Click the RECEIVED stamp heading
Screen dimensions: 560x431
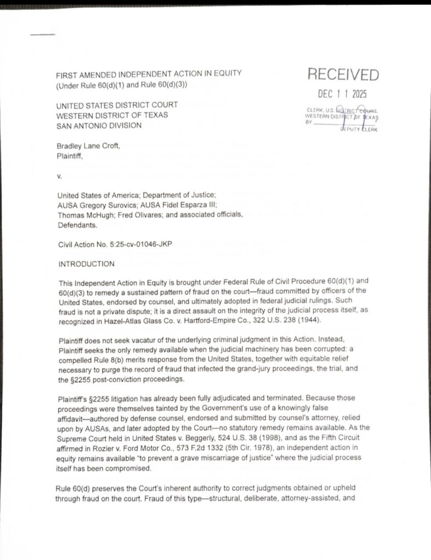point(343,75)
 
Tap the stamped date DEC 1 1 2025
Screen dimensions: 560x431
point(343,94)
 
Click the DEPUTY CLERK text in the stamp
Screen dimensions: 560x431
point(359,129)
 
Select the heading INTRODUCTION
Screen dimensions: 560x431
point(86,264)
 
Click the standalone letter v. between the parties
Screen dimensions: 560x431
point(60,176)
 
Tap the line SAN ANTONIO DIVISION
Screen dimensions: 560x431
point(99,125)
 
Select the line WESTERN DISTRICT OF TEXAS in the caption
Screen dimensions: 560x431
point(113,115)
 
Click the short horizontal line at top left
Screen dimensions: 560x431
point(43,35)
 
